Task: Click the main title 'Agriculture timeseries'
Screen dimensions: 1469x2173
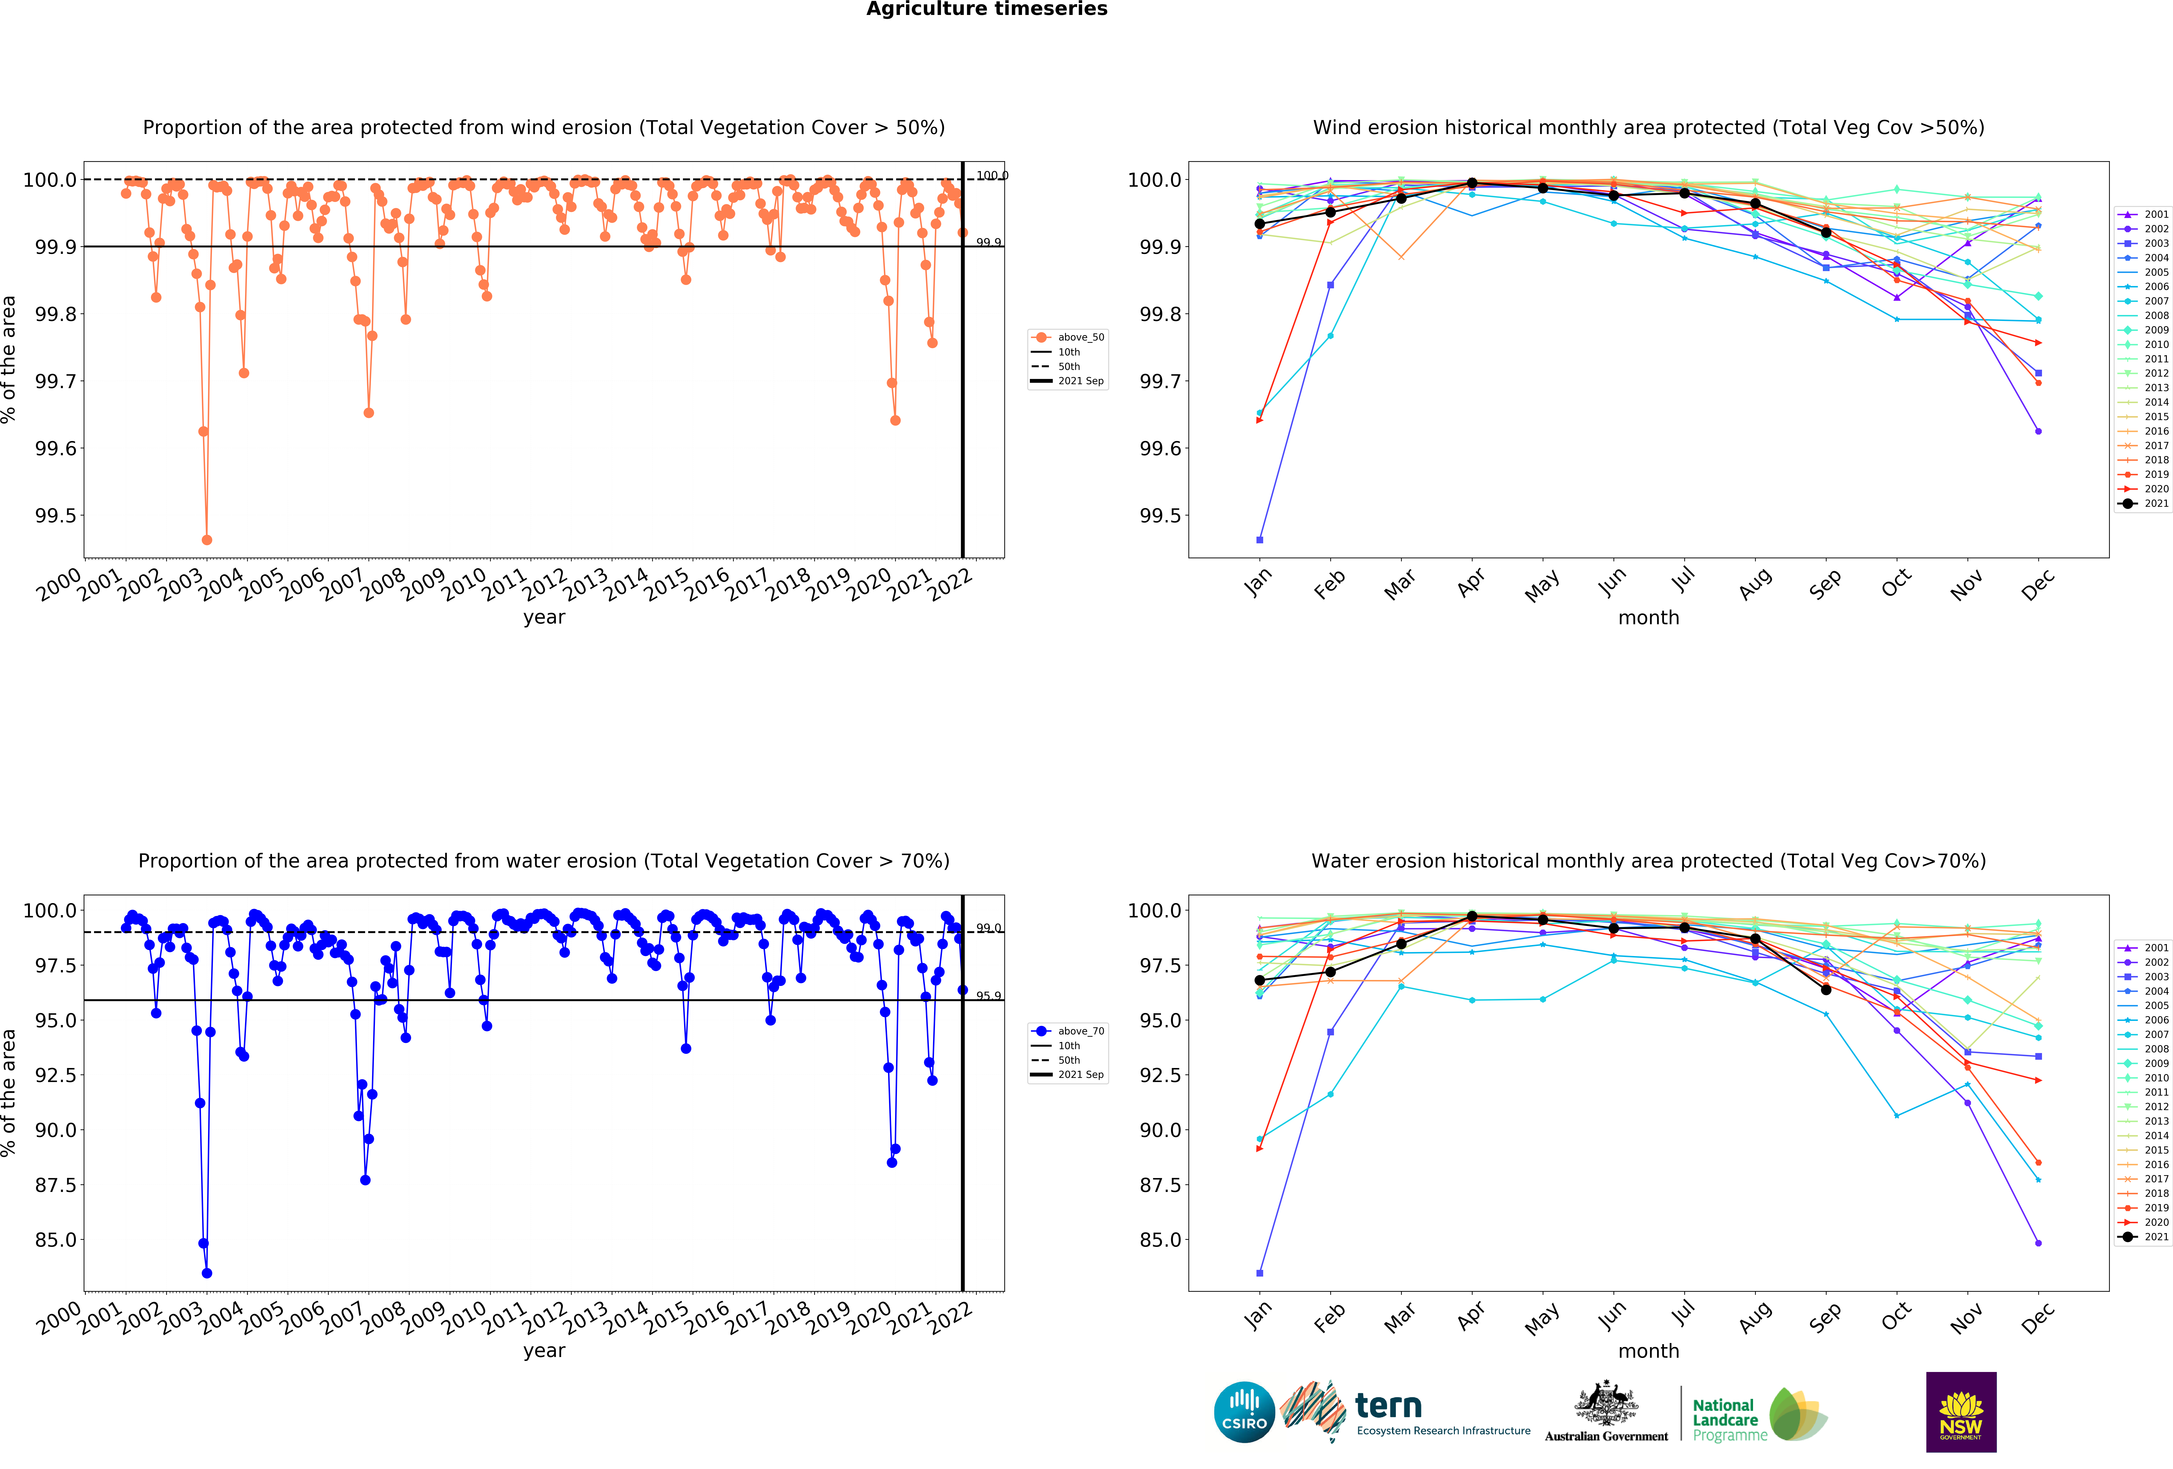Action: (986, 9)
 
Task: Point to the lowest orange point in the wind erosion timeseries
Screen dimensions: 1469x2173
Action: (207, 540)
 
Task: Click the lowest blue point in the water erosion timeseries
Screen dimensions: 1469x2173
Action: (207, 1273)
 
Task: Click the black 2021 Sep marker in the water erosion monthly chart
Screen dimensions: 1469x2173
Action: (1825, 989)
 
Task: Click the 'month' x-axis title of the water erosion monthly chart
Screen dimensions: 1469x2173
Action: (1648, 1351)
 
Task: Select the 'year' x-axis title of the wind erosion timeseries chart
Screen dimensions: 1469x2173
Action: (544, 617)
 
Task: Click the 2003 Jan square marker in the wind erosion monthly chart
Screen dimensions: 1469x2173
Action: (1259, 540)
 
